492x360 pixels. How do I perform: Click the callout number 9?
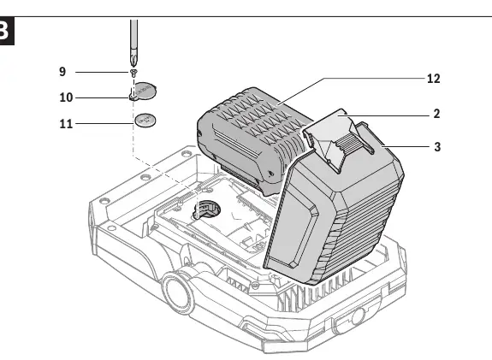(62, 72)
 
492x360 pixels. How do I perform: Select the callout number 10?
(66, 97)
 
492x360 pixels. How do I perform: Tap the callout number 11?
(66, 124)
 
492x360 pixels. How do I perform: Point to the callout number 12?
(434, 79)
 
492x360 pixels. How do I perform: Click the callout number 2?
(436, 114)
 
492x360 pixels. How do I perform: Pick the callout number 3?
(437, 147)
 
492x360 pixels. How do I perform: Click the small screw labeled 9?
(134, 73)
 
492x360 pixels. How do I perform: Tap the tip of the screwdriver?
(133, 66)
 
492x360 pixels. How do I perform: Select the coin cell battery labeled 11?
(145, 120)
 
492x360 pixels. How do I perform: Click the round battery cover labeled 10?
(144, 91)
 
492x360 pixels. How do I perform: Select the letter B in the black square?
(4, 31)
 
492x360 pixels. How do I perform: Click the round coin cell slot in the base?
(206, 210)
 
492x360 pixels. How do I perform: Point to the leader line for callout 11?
(104, 123)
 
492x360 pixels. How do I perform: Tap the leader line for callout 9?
(103, 72)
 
